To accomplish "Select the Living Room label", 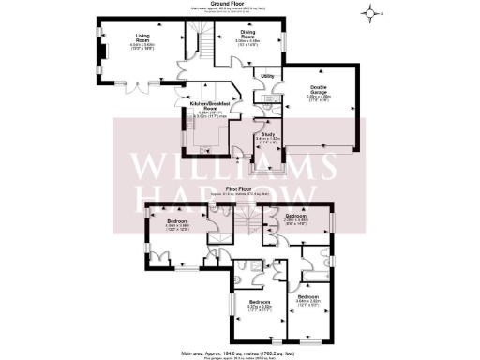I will [x=117, y=37].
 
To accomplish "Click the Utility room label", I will [x=267, y=75].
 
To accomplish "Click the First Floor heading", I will [x=240, y=188].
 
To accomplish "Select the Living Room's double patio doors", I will [x=142, y=87].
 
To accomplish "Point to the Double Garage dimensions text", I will [x=319, y=98].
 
